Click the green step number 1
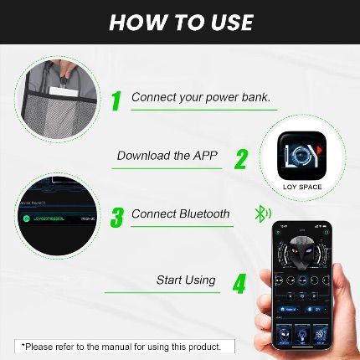tap(116, 100)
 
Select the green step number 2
tap(241, 158)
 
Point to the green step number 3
tap(116, 217)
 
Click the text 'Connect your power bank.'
tap(200, 97)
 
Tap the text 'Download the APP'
tap(167, 156)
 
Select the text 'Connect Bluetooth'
tap(180, 214)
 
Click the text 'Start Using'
tap(186, 280)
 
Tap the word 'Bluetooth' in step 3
tap(204, 214)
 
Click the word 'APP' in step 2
tap(205, 156)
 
